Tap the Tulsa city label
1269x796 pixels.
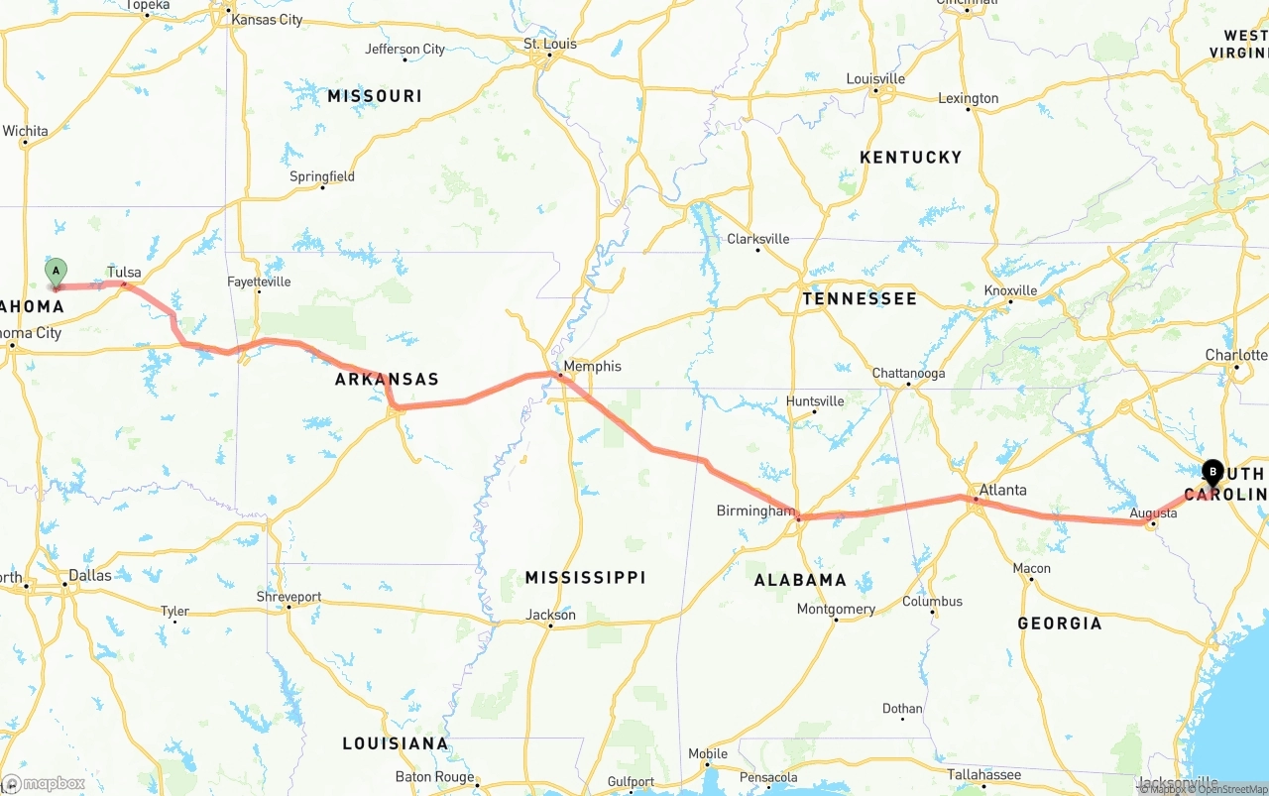point(124,272)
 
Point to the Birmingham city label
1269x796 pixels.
point(755,511)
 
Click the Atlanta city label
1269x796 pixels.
point(1002,490)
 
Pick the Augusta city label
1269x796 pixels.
point(1153,512)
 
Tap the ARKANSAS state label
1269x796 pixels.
point(387,379)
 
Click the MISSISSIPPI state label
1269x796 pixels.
point(585,577)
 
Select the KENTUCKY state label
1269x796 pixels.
point(910,157)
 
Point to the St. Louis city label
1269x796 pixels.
point(550,44)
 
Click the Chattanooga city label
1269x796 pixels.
point(908,374)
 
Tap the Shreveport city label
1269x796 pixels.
point(289,597)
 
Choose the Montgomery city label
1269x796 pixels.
point(836,609)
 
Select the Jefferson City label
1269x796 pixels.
point(405,49)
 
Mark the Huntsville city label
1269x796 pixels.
point(815,400)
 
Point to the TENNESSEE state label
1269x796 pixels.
point(860,297)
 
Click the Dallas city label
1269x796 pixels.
point(90,574)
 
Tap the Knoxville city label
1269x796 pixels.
point(1010,290)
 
